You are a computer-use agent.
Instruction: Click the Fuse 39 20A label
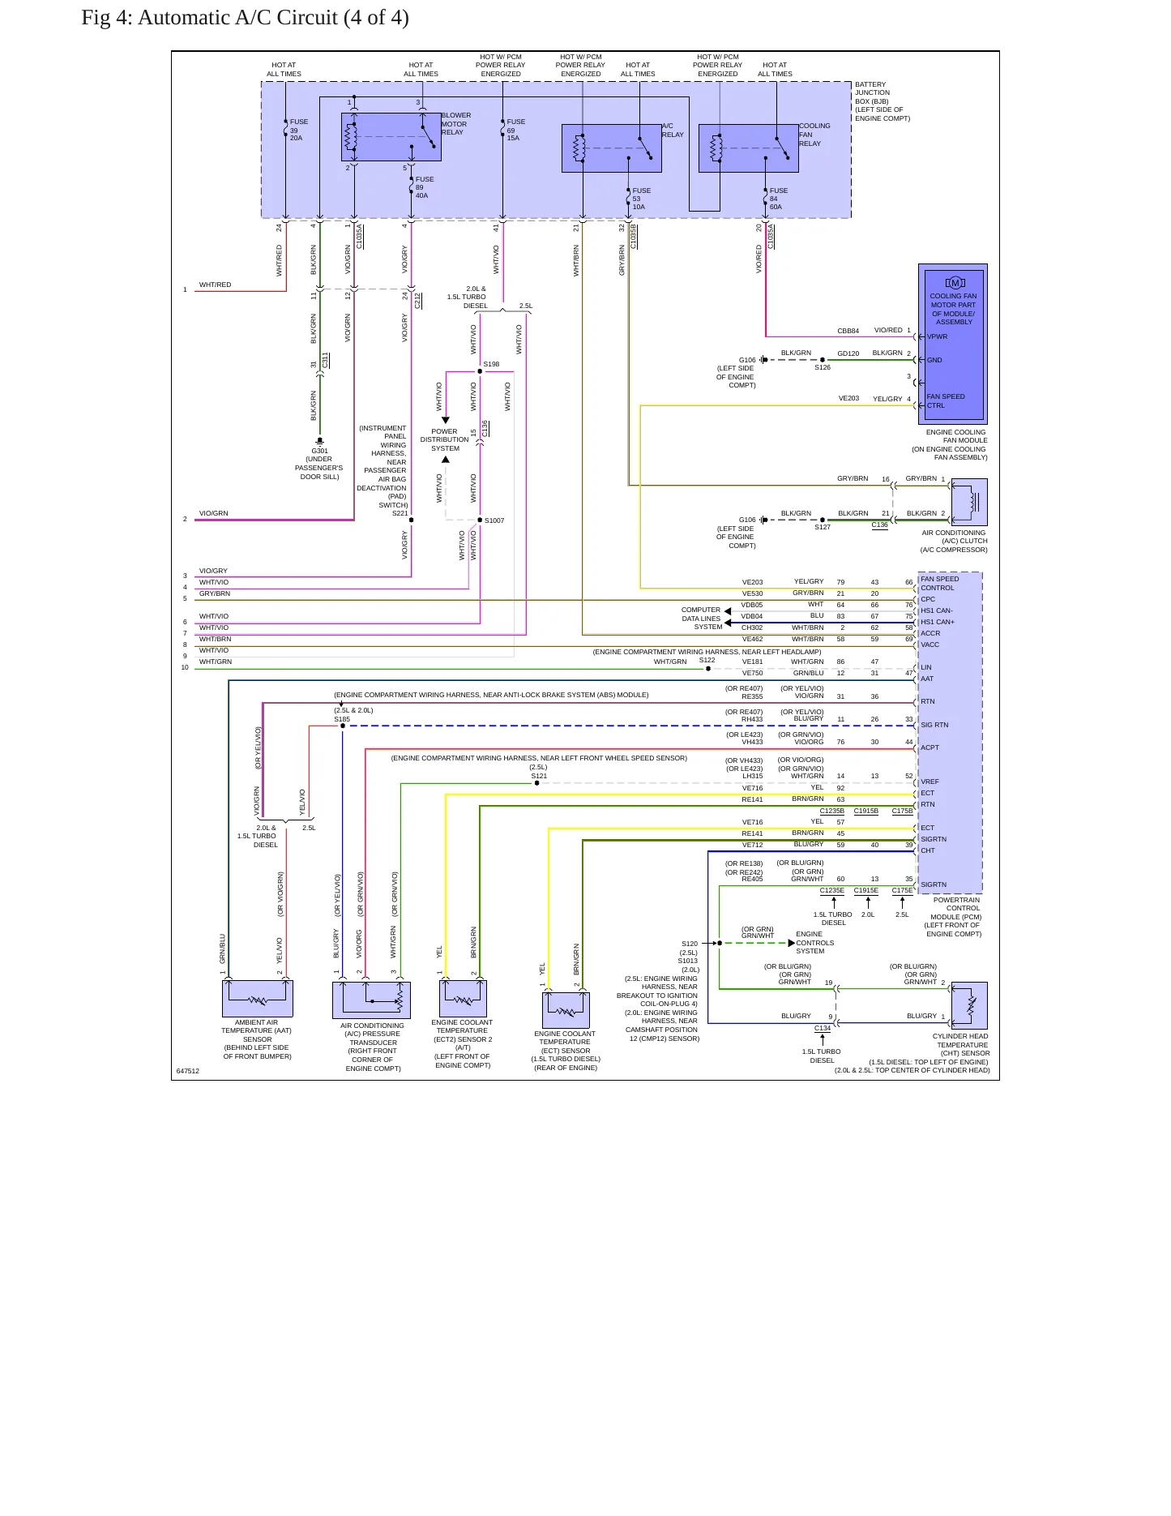point(299,130)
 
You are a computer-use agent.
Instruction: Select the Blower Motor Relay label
point(456,123)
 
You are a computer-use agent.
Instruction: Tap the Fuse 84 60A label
point(779,199)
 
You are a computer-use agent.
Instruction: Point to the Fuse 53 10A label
point(642,199)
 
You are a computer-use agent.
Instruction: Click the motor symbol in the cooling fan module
point(955,283)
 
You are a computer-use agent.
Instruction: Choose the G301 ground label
point(319,451)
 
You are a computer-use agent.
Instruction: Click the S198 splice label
point(491,364)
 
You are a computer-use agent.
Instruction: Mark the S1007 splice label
point(494,520)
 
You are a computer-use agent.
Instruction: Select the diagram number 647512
point(188,1071)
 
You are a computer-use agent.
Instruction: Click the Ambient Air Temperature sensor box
point(257,999)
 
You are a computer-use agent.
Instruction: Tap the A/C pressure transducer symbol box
point(371,1000)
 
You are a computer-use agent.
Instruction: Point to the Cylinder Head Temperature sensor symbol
point(969,1005)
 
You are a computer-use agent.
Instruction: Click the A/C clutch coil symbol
point(969,502)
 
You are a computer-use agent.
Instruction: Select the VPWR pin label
point(937,336)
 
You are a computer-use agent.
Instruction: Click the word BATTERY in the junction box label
point(870,84)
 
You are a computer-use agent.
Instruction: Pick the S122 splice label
point(707,660)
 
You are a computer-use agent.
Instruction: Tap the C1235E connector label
point(832,890)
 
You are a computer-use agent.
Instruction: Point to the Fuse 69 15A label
point(516,130)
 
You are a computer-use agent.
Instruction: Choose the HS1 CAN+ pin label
point(938,622)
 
